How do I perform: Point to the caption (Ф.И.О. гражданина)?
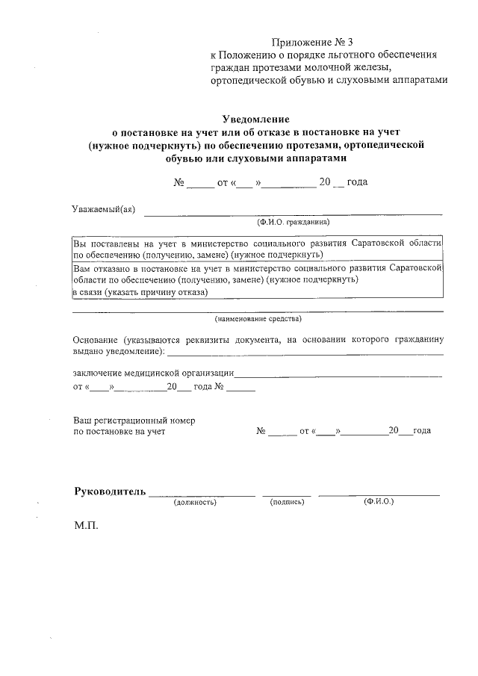[x=293, y=223]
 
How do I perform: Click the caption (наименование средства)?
[x=258, y=319]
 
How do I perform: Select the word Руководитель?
[x=109, y=492]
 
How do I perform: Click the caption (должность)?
[x=195, y=503]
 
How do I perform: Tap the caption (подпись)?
[x=287, y=503]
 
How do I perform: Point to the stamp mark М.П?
[x=86, y=527]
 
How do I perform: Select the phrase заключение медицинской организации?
[x=154, y=372]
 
